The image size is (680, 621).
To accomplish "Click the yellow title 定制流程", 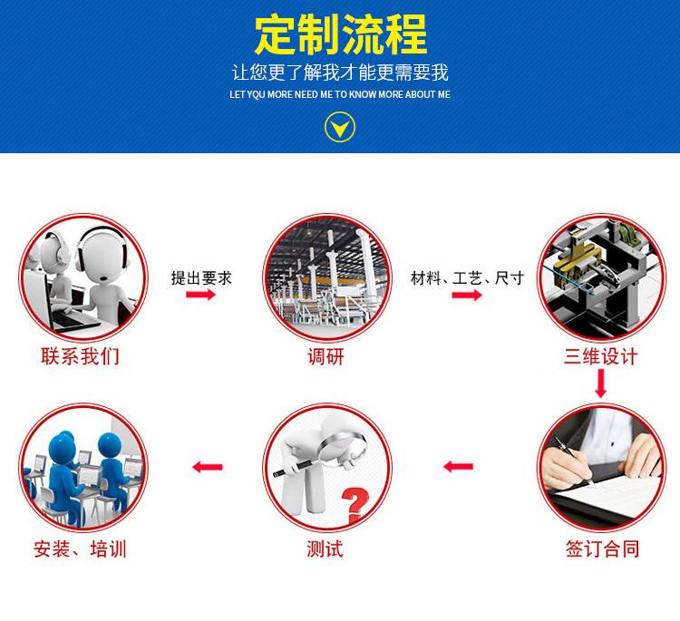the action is tap(340, 34).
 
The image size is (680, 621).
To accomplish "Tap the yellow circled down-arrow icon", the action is tap(340, 127).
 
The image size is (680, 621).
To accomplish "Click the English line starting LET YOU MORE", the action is tap(340, 94).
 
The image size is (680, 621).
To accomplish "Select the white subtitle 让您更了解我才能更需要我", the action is tap(340, 72).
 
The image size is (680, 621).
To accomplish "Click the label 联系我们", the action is tap(80, 356).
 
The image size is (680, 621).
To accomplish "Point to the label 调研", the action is tap(326, 356).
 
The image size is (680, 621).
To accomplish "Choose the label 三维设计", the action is tap(600, 356).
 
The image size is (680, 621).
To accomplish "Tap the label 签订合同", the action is tap(602, 548).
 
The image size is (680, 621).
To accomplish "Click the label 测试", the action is tap(325, 548).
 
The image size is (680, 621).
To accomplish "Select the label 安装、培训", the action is tap(80, 548).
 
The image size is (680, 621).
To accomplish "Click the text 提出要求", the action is tap(201, 278).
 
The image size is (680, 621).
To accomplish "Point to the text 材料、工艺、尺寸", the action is tap(468, 278).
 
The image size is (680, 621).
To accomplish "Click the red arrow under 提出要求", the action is tap(200, 295).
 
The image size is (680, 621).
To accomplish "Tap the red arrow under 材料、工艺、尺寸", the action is tap(467, 296).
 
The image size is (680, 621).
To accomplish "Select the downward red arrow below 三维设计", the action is tap(600, 383).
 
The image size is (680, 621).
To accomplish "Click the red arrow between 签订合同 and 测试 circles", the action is tap(459, 467).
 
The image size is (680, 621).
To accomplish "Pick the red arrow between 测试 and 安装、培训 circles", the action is tap(208, 467).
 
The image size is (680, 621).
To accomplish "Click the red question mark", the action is tap(355, 505).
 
